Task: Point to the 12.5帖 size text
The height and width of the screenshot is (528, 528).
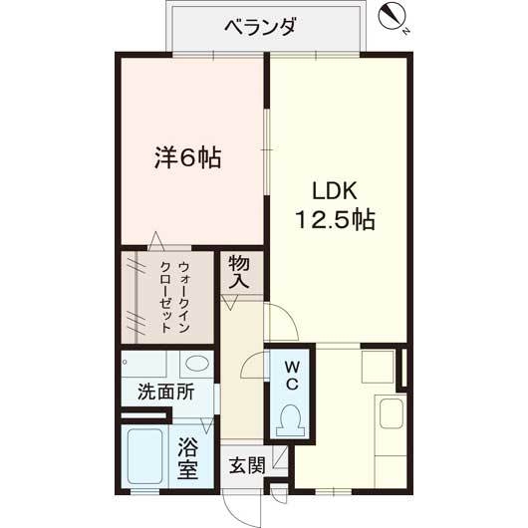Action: coord(334,219)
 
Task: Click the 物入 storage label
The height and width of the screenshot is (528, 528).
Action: coord(239,272)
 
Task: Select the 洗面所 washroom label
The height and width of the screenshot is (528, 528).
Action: coord(166,392)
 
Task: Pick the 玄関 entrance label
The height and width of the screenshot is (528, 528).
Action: coord(246,465)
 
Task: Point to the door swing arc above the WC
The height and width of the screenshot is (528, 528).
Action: coord(281,324)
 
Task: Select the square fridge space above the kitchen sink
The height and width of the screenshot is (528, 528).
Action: coord(378,367)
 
